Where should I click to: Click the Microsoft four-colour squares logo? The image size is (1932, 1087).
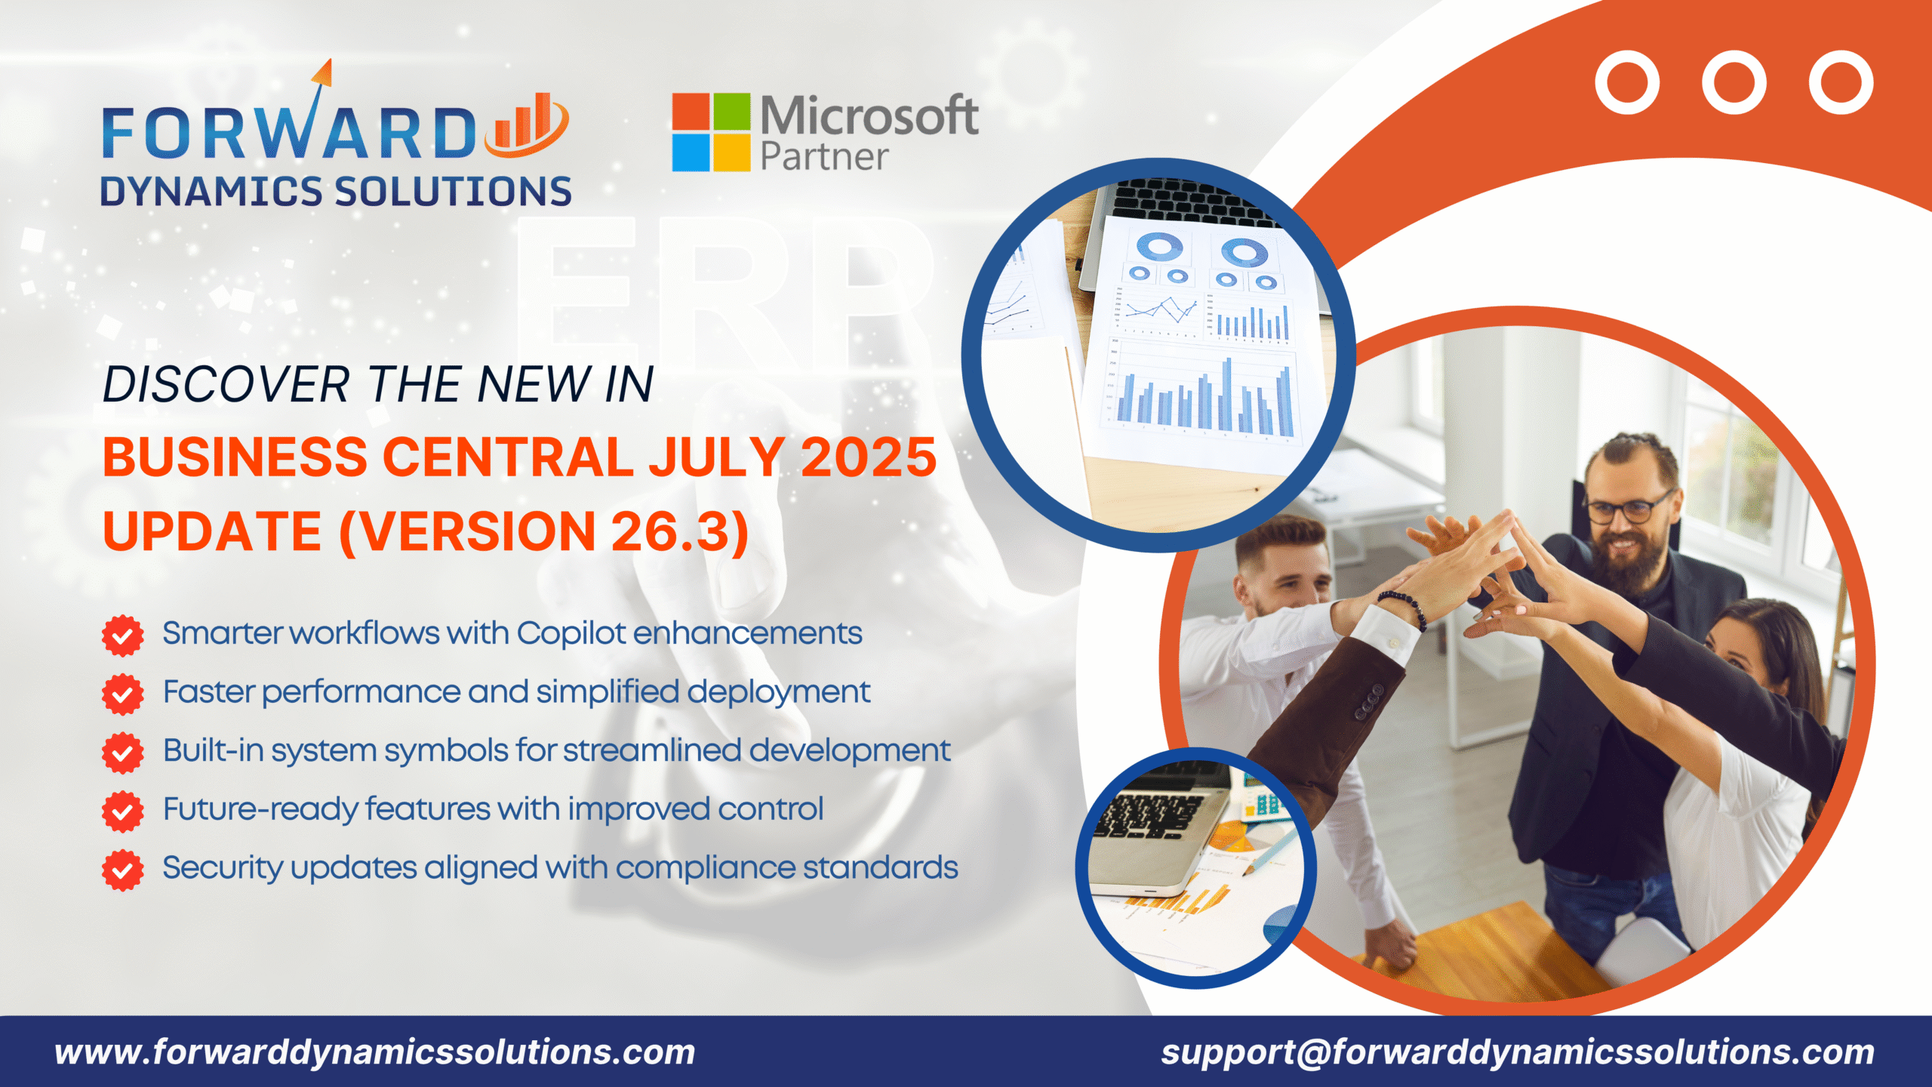(x=711, y=132)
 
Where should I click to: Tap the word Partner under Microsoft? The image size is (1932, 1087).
(x=824, y=156)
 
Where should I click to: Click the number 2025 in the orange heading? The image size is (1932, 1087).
(x=868, y=457)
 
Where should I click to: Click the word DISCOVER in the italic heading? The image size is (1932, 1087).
(x=226, y=385)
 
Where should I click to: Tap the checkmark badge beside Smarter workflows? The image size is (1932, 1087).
(x=122, y=636)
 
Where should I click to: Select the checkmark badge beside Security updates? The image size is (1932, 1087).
(x=122, y=870)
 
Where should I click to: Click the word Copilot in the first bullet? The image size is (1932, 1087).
(x=571, y=633)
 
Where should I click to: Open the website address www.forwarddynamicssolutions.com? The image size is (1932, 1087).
(x=375, y=1052)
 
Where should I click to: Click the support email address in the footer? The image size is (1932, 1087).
(x=1517, y=1052)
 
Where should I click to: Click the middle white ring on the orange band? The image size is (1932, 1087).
(x=1734, y=82)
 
